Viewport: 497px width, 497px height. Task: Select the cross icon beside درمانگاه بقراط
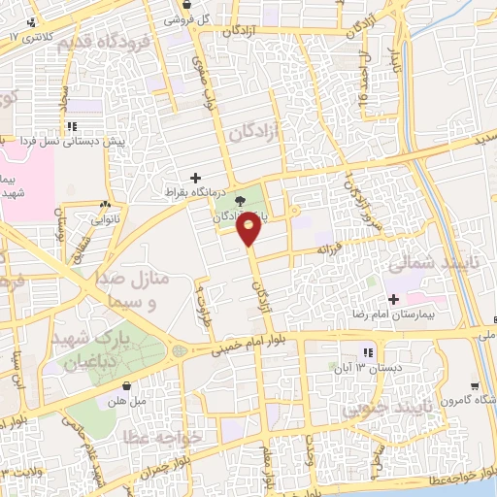tap(197, 178)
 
